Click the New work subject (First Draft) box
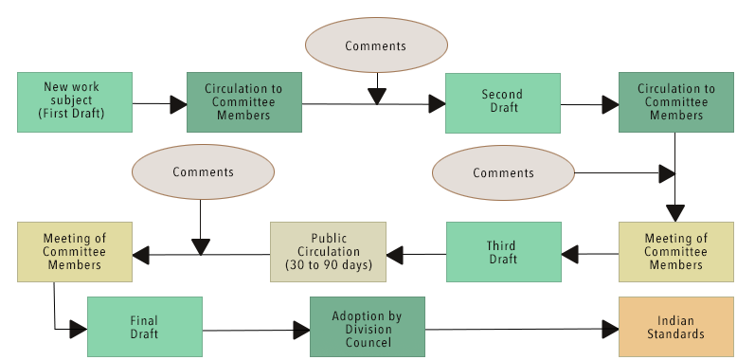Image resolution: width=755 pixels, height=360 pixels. click(74, 101)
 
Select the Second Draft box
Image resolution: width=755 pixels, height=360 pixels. click(502, 101)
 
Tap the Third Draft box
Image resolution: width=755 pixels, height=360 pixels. click(502, 251)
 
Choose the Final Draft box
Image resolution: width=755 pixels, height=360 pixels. click(144, 327)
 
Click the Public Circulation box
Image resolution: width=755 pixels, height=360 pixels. click(328, 251)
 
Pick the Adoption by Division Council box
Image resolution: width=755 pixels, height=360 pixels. click(368, 327)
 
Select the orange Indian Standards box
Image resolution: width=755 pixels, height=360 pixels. click(676, 327)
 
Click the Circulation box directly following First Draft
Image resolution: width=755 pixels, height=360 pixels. click(243, 101)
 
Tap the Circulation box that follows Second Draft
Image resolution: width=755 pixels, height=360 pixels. click(675, 101)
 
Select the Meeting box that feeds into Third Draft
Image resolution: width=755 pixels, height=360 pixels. click(675, 251)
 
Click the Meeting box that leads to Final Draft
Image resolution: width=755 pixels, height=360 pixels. click(74, 251)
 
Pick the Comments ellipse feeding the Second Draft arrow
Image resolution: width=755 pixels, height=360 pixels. click(376, 45)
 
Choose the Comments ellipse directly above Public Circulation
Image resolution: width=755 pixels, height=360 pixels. click(203, 172)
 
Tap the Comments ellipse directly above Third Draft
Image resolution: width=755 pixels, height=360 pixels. click(503, 173)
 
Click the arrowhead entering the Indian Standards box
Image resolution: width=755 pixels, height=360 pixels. click(610, 329)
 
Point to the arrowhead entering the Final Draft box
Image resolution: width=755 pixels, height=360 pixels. click(78, 329)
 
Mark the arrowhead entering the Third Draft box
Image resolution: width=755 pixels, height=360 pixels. click(569, 253)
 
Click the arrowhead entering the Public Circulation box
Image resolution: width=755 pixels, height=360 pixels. click(394, 253)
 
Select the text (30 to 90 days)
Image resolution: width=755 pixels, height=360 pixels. click(328, 264)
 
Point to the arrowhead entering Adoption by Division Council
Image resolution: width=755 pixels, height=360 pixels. click(301, 330)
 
